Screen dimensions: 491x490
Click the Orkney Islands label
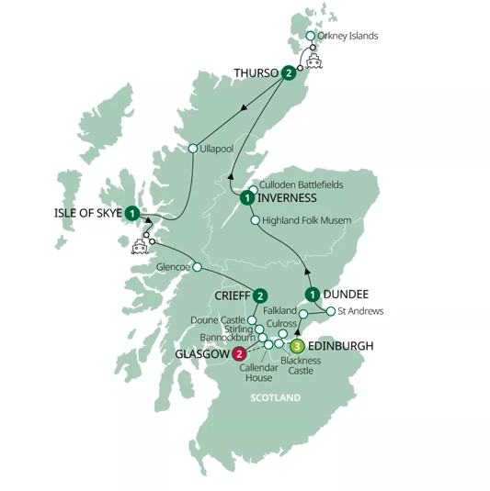[x=347, y=36]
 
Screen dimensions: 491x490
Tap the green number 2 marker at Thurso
[x=289, y=73]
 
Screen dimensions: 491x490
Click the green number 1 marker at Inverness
[x=246, y=197]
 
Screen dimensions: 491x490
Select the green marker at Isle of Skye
[x=132, y=213]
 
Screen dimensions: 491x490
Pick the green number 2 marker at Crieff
[x=260, y=296]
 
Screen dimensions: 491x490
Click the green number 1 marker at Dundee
[x=313, y=295]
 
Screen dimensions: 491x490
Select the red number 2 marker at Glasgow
[x=239, y=354]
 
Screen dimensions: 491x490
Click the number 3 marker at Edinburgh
[x=297, y=346]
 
